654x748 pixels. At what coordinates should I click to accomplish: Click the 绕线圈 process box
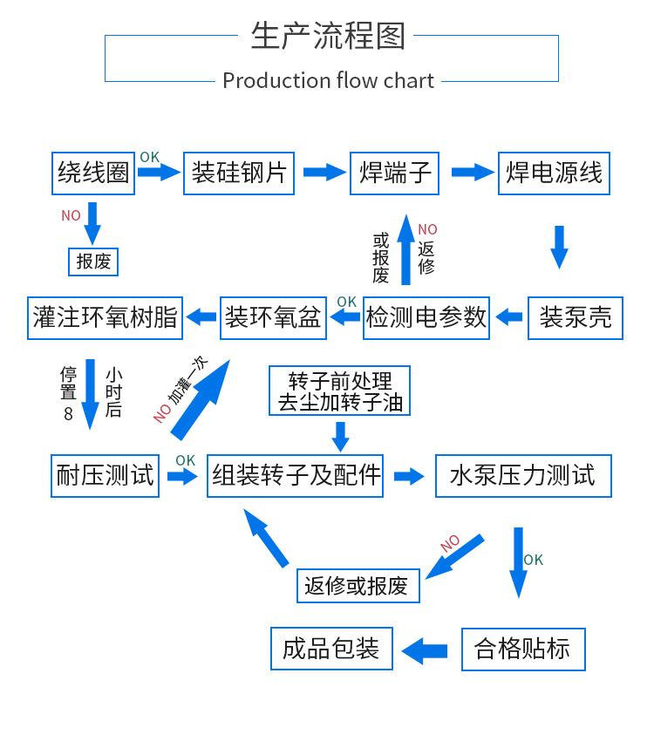(93, 173)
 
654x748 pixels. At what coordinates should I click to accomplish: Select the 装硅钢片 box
(239, 173)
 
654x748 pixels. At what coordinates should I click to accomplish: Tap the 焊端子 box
(396, 173)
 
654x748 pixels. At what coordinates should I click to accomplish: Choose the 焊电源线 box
(554, 173)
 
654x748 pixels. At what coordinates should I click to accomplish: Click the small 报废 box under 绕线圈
(92, 261)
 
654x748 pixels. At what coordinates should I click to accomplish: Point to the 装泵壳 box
(576, 317)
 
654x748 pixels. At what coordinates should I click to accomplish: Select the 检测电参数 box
(426, 317)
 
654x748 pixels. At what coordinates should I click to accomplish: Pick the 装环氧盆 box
(273, 317)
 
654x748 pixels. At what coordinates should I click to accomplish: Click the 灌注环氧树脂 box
(105, 317)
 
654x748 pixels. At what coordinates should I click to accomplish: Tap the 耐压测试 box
(105, 476)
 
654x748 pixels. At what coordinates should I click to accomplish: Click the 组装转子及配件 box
(296, 476)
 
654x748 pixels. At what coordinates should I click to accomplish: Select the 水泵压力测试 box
(523, 476)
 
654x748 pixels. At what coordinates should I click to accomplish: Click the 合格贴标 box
(522, 649)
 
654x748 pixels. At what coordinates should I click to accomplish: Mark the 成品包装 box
(331, 649)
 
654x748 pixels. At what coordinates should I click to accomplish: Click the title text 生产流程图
(328, 36)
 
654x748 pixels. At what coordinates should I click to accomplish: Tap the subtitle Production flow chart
(328, 80)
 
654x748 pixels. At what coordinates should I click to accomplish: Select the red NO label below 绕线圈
(71, 215)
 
